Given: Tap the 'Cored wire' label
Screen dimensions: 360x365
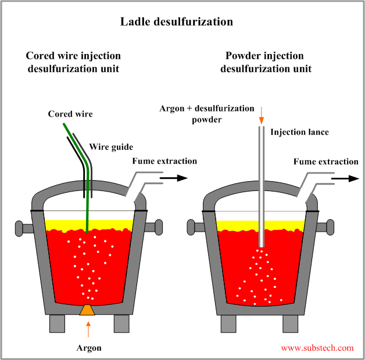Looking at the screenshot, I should pos(70,114).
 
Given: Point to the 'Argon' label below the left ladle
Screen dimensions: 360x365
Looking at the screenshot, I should pos(88,348).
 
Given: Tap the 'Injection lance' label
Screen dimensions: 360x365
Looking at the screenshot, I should pos(299,132).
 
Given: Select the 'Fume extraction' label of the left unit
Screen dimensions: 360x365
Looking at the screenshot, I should pos(164,161).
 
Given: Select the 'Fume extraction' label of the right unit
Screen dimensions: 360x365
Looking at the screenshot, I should pos(325,161).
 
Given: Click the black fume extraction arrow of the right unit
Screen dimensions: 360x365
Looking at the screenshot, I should pos(345,178).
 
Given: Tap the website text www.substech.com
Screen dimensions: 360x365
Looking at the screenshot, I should pos(317,348).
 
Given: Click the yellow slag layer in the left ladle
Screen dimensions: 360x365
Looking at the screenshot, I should pos(64,225).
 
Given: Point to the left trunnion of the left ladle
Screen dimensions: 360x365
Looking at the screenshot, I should pos(22,227).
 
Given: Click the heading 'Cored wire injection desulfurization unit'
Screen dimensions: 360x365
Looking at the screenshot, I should pos(73,62).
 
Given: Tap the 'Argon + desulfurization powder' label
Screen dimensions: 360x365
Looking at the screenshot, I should pos(207,114).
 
